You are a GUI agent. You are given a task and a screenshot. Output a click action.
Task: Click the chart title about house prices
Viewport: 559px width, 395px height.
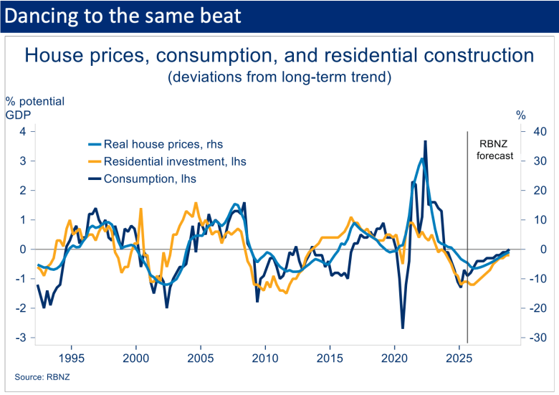(279, 56)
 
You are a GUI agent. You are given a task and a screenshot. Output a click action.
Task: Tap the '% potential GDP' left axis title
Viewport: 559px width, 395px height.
(34, 108)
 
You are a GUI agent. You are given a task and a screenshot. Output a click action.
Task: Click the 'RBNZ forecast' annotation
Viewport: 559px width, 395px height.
(495, 148)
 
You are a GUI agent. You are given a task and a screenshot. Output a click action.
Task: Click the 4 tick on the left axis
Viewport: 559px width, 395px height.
(23, 131)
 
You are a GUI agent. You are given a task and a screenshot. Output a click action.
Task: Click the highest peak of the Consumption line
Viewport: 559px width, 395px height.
(425, 141)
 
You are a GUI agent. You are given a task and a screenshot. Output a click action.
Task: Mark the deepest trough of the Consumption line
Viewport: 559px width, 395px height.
(403, 328)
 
